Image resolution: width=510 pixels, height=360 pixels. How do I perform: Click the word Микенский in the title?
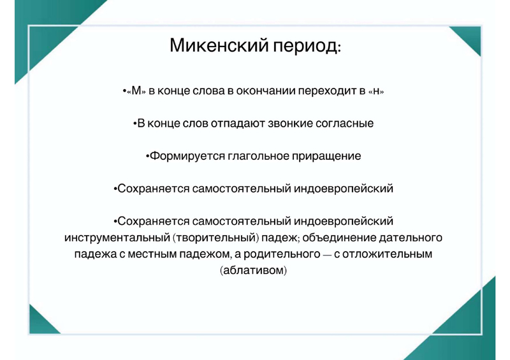click(x=219, y=45)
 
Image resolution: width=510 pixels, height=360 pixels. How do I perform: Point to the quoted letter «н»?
click(x=376, y=91)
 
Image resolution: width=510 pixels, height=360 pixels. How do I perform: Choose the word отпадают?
click(x=238, y=124)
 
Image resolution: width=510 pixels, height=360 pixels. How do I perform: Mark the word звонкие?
click(x=291, y=124)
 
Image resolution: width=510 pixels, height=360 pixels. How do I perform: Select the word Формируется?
click(x=187, y=156)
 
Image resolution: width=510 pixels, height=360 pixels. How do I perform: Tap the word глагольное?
click(x=258, y=156)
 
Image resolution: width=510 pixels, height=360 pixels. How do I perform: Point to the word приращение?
click(x=326, y=156)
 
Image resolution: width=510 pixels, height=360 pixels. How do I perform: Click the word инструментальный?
click(x=117, y=238)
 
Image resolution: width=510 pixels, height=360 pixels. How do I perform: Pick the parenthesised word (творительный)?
click(x=215, y=238)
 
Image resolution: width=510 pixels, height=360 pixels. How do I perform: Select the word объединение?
click(x=339, y=238)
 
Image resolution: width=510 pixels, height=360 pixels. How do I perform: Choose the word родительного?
click(x=282, y=254)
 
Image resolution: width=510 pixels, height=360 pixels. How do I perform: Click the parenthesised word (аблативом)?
click(x=253, y=270)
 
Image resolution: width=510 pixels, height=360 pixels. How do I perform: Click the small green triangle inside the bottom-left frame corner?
click(x=40, y=324)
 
